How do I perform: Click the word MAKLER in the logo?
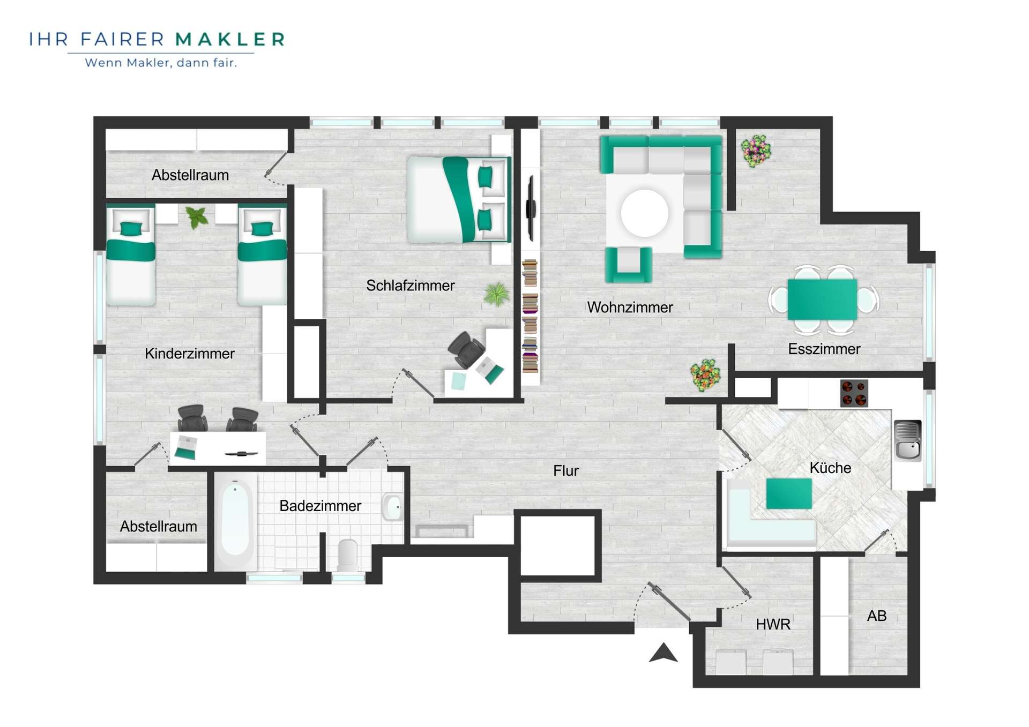pos(230,39)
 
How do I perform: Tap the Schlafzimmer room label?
pos(411,285)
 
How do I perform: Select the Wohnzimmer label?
pos(630,307)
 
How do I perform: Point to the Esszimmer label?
pos(824,349)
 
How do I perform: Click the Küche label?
pos(830,468)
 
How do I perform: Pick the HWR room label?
pos(773,624)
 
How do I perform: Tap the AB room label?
pos(877,616)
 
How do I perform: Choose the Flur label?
pos(566,470)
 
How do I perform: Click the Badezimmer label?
pos(320,506)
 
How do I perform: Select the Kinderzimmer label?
pos(190,353)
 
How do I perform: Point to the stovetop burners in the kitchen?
pos(854,393)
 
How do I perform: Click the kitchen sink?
pos(908,440)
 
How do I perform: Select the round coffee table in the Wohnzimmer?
pos(645,213)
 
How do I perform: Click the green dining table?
pos(822,299)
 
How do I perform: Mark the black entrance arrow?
pos(663,653)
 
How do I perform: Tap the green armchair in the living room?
pos(629,265)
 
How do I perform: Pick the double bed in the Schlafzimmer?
pos(459,199)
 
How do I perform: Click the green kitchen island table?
pos(789,493)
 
